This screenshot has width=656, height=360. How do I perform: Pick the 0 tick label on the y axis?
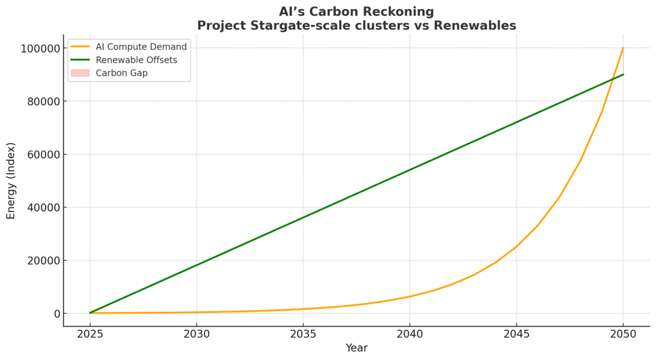(57, 314)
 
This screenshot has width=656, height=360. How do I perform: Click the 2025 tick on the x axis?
(90, 334)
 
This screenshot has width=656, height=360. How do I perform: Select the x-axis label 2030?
(196, 334)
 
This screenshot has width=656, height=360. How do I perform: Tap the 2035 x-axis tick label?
(303, 334)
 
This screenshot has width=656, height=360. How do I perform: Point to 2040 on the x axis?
(410, 334)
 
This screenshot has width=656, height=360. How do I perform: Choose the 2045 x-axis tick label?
(516, 334)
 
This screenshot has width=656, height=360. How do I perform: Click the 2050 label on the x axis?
(623, 334)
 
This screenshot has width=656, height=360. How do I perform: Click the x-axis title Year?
(357, 348)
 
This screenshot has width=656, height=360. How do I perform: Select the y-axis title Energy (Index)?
(12, 181)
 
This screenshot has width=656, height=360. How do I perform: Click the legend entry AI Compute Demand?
(141, 47)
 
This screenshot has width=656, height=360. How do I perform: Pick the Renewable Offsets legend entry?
(136, 60)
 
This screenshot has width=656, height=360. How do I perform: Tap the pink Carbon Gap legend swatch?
(80, 73)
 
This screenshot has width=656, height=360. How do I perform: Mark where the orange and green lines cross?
(613, 80)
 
